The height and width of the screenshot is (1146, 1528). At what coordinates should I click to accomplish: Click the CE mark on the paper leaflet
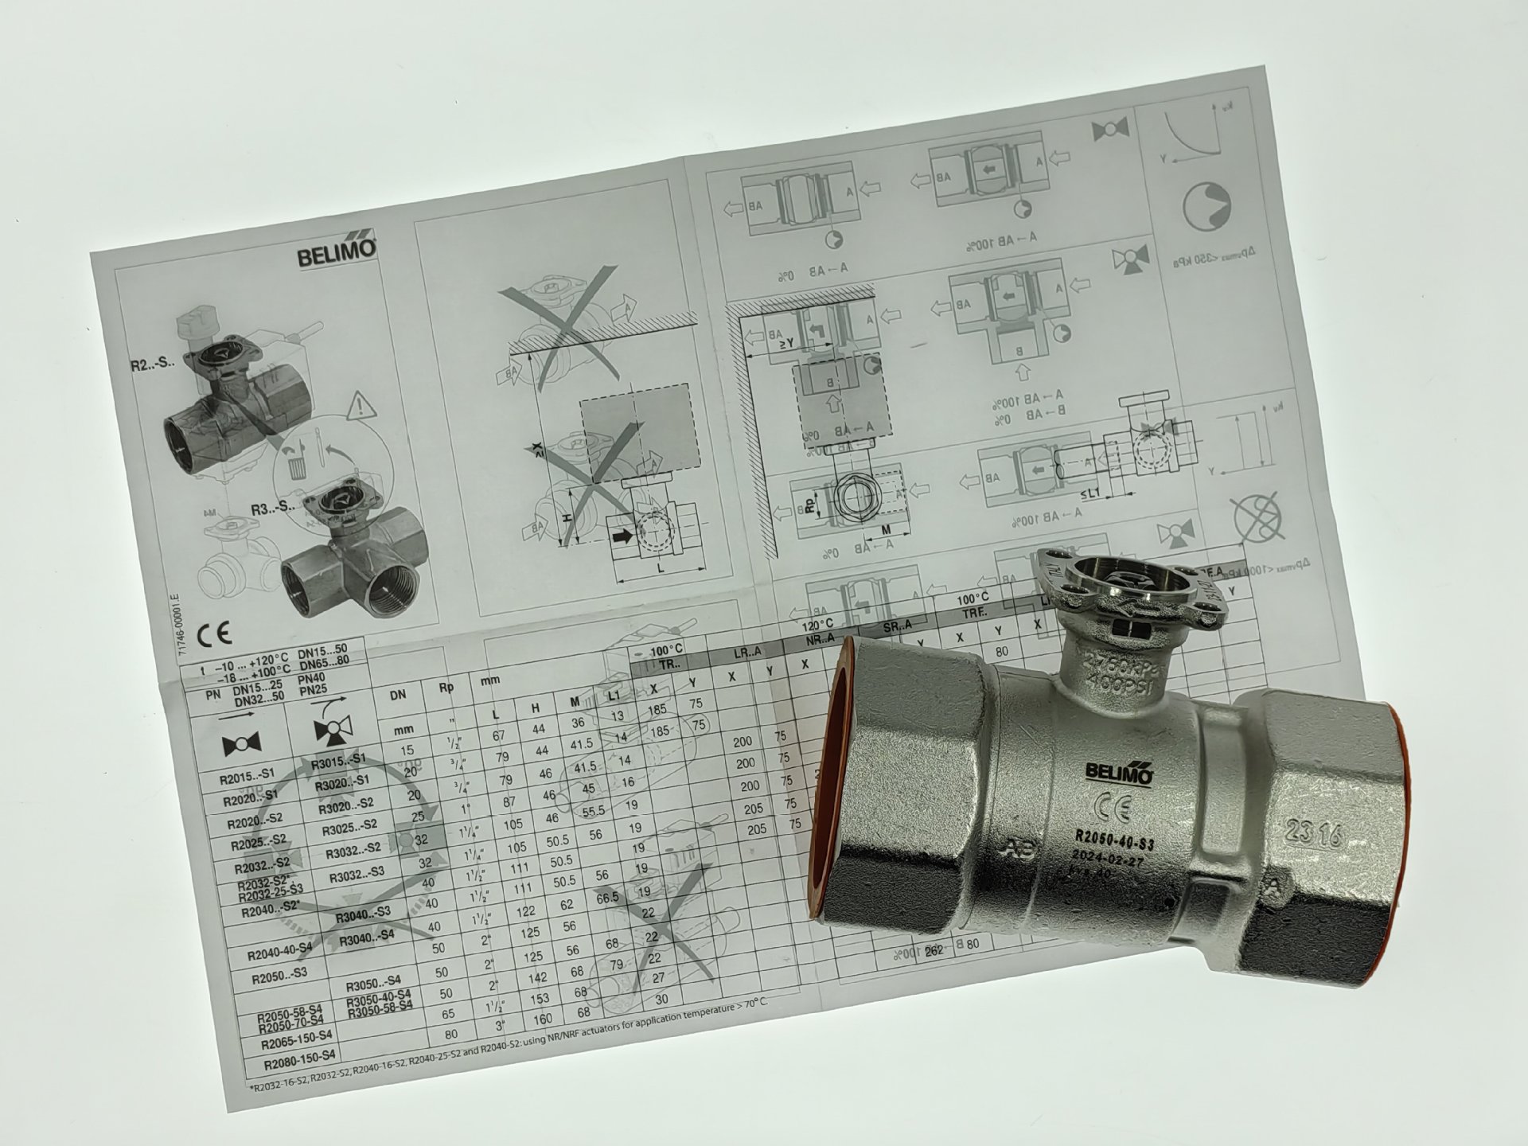point(214,633)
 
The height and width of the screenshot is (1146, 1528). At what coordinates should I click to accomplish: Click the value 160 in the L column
point(543,1019)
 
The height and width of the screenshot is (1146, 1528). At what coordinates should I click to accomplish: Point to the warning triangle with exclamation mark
point(361,407)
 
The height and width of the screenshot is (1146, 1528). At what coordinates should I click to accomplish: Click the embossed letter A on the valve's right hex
point(1274,887)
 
